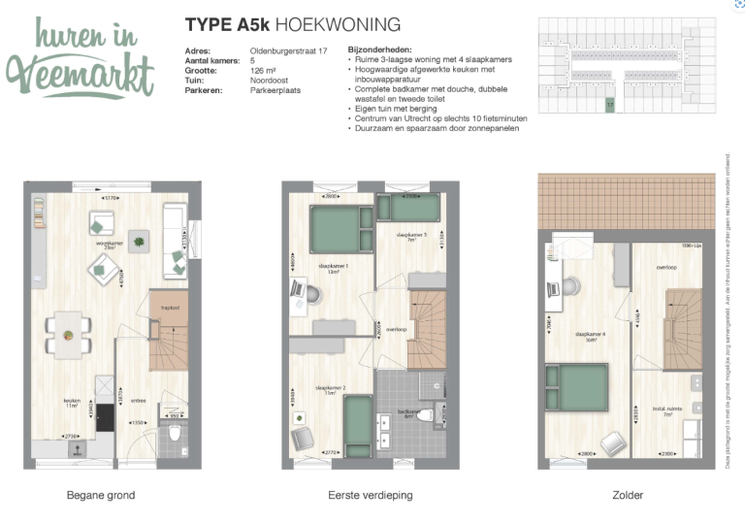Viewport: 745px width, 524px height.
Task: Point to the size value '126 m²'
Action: [x=263, y=70]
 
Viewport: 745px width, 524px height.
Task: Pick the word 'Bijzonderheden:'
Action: [x=379, y=49]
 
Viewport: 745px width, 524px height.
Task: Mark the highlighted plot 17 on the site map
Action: [x=610, y=102]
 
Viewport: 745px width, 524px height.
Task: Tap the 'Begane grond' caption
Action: [x=101, y=495]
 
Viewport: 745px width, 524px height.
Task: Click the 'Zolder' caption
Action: [x=628, y=495]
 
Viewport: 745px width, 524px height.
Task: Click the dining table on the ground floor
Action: [x=69, y=333]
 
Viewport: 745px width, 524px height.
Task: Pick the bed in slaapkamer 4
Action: [x=582, y=384]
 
